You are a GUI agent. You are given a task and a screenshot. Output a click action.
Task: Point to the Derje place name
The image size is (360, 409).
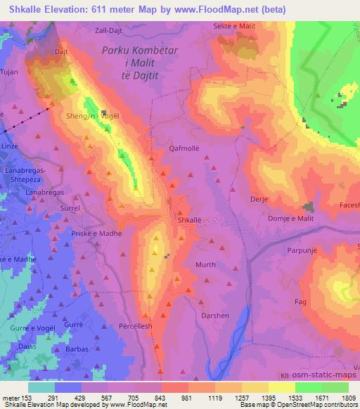pyautogui.click(x=259, y=200)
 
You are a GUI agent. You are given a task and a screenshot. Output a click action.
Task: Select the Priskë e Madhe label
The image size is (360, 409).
pyautogui.click(x=102, y=233)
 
